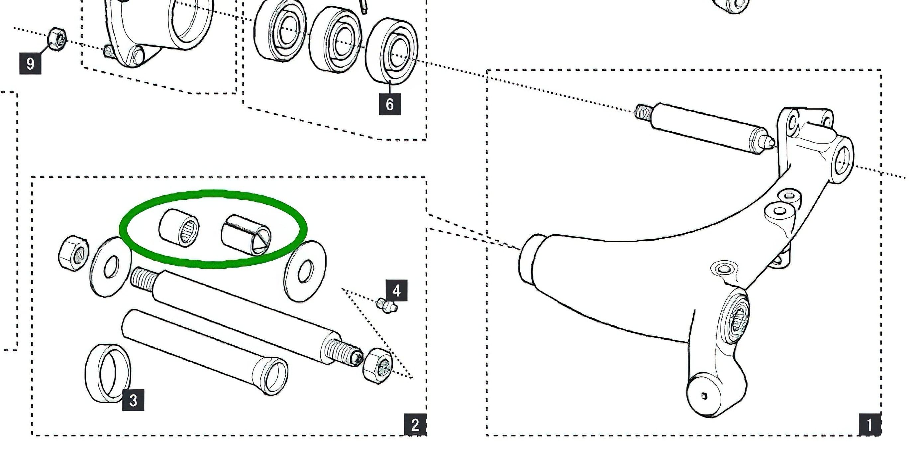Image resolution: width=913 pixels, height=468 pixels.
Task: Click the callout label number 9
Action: (x=30, y=63)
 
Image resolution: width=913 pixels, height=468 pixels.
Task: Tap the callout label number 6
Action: (x=389, y=104)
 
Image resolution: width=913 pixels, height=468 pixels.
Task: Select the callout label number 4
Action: (x=396, y=291)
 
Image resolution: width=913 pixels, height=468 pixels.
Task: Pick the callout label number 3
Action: (x=133, y=400)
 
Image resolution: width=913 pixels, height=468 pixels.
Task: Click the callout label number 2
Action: (x=415, y=424)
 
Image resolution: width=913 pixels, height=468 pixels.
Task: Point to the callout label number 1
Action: (x=869, y=424)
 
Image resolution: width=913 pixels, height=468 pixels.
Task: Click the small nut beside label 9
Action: (x=57, y=39)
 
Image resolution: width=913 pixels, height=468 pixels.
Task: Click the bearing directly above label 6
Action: (x=391, y=52)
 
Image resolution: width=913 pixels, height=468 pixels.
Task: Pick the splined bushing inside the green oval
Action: (x=179, y=228)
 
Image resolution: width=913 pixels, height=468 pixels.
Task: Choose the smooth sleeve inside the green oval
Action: (x=246, y=235)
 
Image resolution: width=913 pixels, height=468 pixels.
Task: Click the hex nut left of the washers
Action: (x=73, y=253)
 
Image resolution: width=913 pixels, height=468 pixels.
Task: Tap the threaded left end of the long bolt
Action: (x=144, y=278)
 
